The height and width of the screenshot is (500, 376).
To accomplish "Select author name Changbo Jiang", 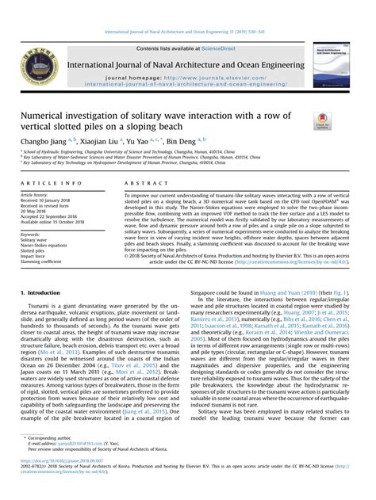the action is pos(42,140).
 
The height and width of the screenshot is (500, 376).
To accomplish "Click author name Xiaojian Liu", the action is pos(98,140).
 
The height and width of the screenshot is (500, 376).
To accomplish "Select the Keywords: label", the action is pos(31,235).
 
